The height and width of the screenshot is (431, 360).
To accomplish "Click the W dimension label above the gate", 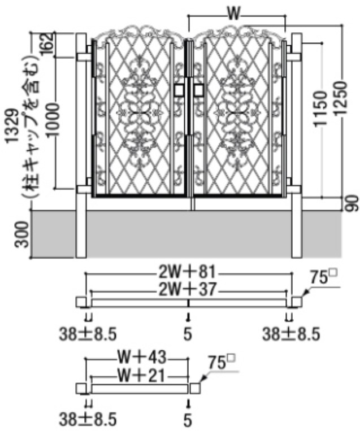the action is (x=233, y=14).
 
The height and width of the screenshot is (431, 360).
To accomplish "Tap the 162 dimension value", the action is (x=47, y=43).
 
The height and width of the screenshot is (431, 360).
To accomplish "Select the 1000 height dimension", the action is (x=53, y=120).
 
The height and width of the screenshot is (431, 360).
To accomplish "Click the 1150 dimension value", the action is (x=320, y=108).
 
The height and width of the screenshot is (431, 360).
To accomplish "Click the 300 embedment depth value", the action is (x=22, y=235).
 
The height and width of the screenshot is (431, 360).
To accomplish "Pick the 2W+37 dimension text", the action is (x=188, y=289).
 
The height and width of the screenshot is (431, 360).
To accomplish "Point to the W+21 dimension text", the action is (x=141, y=375).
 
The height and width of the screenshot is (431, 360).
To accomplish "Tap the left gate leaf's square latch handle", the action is (x=179, y=90).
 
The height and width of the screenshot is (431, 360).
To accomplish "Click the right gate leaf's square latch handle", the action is (x=199, y=90).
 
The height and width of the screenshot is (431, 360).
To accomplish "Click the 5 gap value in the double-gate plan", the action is (x=188, y=334).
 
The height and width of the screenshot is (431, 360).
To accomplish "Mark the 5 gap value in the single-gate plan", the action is (x=188, y=420).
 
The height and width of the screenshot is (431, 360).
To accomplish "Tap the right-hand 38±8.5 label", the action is (x=291, y=334).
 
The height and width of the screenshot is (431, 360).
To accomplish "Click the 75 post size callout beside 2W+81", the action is (x=323, y=277).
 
